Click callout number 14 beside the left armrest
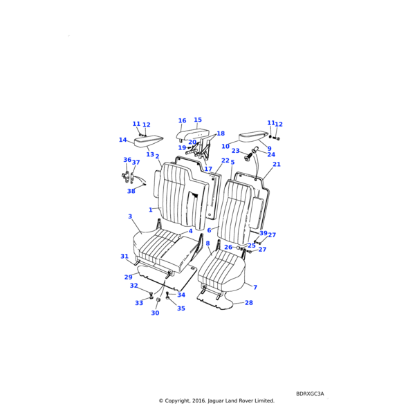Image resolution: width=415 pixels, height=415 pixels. coord(122,140)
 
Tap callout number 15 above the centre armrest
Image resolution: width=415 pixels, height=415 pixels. coord(198,120)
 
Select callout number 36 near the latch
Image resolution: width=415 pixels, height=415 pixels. coord(127,160)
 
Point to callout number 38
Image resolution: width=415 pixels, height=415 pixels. coord(131,192)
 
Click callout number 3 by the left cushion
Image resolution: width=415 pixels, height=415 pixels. coord(130,216)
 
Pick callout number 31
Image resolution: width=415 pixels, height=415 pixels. coord(124,257)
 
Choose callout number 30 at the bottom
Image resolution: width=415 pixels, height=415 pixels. coord(155,313)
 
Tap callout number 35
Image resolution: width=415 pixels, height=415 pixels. coord(181,308)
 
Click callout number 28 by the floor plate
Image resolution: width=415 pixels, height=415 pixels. coord(249,303)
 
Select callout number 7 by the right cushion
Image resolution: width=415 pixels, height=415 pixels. coord(255,287)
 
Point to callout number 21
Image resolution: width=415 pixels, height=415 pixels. coord(277,165)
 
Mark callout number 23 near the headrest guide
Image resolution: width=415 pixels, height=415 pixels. coord(236,151)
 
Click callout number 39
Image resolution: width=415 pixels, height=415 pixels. coord(263,234)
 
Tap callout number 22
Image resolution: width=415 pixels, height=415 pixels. coord(225,161)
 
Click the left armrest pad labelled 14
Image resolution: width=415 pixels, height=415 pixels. coord(147,142)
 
